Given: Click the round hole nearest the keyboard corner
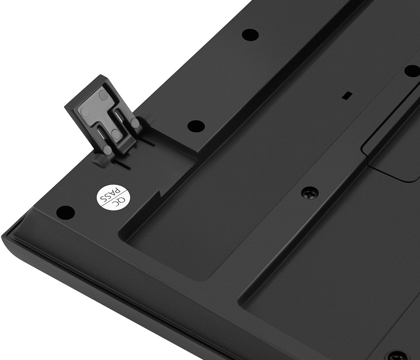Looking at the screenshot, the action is point(65,212).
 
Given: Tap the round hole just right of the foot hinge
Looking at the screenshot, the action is point(196,126).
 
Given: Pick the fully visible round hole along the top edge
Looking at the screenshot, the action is point(250,34).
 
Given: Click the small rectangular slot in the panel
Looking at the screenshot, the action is point(347,95).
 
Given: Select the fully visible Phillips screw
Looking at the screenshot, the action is point(310,193).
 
